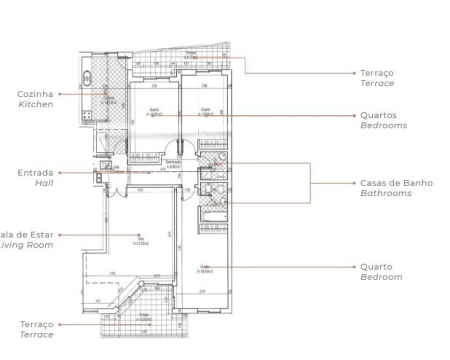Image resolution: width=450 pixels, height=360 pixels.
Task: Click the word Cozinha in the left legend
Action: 35,94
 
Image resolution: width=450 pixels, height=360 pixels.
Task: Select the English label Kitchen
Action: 35,104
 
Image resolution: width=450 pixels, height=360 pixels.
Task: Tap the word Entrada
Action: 35,173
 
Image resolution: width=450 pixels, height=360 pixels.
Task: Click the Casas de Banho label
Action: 397,183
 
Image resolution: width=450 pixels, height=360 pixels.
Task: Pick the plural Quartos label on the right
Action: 379,115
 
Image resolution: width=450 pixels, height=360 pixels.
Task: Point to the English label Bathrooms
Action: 386,193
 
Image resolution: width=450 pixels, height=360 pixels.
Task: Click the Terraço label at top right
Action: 377,73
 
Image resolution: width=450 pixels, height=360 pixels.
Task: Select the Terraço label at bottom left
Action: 36,324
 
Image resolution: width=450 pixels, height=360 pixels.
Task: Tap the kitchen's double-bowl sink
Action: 87,77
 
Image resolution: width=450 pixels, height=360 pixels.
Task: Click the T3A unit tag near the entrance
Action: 105,165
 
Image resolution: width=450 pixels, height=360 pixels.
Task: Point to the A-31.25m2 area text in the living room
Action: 141,243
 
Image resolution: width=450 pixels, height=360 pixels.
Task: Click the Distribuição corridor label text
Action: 173,162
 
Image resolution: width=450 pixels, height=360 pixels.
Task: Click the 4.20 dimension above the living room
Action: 140,189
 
